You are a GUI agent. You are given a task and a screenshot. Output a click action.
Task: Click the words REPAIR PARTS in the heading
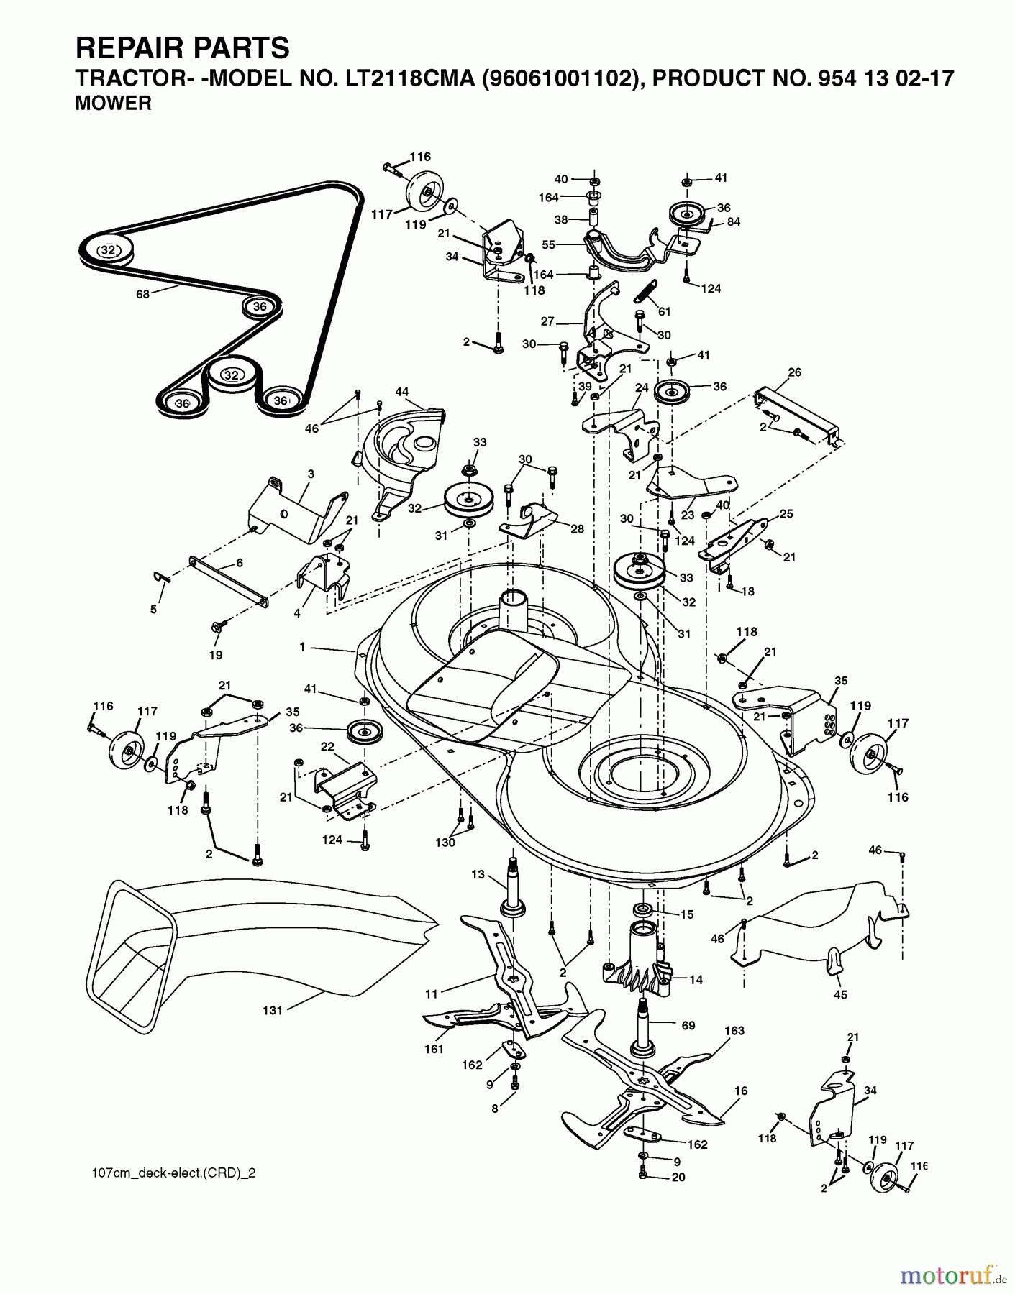183,48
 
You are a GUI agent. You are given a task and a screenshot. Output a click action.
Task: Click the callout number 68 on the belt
142,293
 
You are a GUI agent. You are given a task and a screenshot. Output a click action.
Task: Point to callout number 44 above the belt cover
401,392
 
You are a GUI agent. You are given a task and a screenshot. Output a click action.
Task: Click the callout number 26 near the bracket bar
794,372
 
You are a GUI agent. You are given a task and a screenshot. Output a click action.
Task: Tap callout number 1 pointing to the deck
303,647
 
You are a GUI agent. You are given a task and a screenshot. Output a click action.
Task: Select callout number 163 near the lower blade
734,1030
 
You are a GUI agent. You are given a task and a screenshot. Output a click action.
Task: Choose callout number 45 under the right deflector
840,995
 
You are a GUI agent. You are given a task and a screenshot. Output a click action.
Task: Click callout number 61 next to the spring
664,311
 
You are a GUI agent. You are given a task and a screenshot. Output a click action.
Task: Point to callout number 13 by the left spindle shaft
478,874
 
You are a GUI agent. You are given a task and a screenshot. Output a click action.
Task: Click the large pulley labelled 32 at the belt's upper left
108,250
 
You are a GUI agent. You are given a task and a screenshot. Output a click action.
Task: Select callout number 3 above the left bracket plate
310,474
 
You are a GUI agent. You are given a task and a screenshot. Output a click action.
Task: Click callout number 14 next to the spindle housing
696,979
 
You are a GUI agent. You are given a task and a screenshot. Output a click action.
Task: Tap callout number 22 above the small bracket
327,747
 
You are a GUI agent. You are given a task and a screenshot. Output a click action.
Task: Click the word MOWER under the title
113,104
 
